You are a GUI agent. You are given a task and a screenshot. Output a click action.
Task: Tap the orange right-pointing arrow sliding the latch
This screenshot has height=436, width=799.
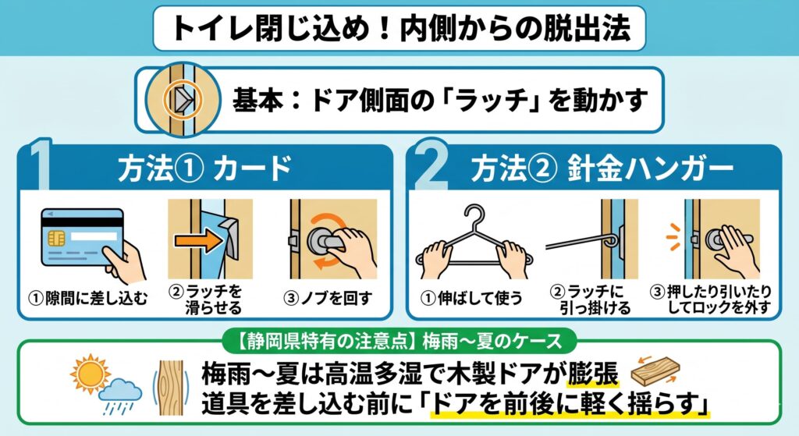pyautogui.click(x=198, y=240)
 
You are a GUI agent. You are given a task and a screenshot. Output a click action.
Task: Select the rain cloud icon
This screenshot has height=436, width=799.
pyautogui.click(x=119, y=395)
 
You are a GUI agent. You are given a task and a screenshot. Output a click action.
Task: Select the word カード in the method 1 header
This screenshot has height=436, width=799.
pyautogui.click(x=252, y=168)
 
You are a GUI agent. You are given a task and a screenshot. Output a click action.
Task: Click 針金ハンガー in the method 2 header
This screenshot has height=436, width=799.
pyautogui.click(x=651, y=168)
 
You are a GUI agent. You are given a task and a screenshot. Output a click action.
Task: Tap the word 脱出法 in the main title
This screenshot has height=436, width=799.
pyautogui.click(x=587, y=27)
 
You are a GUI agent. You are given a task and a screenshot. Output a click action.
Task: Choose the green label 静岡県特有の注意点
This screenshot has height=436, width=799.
pyautogui.click(x=325, y=341)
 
